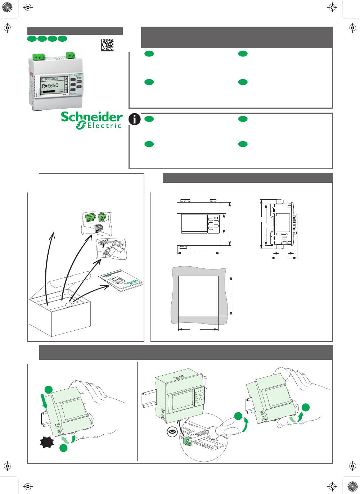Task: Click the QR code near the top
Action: [x=107, y=45]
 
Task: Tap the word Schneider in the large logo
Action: [x=91, y=117]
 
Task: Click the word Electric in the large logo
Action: [x=104, y=126]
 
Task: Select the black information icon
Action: [x=135, y=119]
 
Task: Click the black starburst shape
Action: [x=47, y=442]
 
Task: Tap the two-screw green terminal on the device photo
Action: [x=71, y=55]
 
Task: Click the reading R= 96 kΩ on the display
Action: [x=50, y=86]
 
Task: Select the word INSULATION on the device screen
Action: [x=51, y=79]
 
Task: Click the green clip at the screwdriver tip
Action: [x=187, y=441]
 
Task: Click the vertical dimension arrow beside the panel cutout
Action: [x=231, y=296]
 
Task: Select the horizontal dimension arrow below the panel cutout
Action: [x=198, y=329]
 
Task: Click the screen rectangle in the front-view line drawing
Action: [x=194, y=223]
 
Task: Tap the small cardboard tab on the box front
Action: [x=69, y=305]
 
